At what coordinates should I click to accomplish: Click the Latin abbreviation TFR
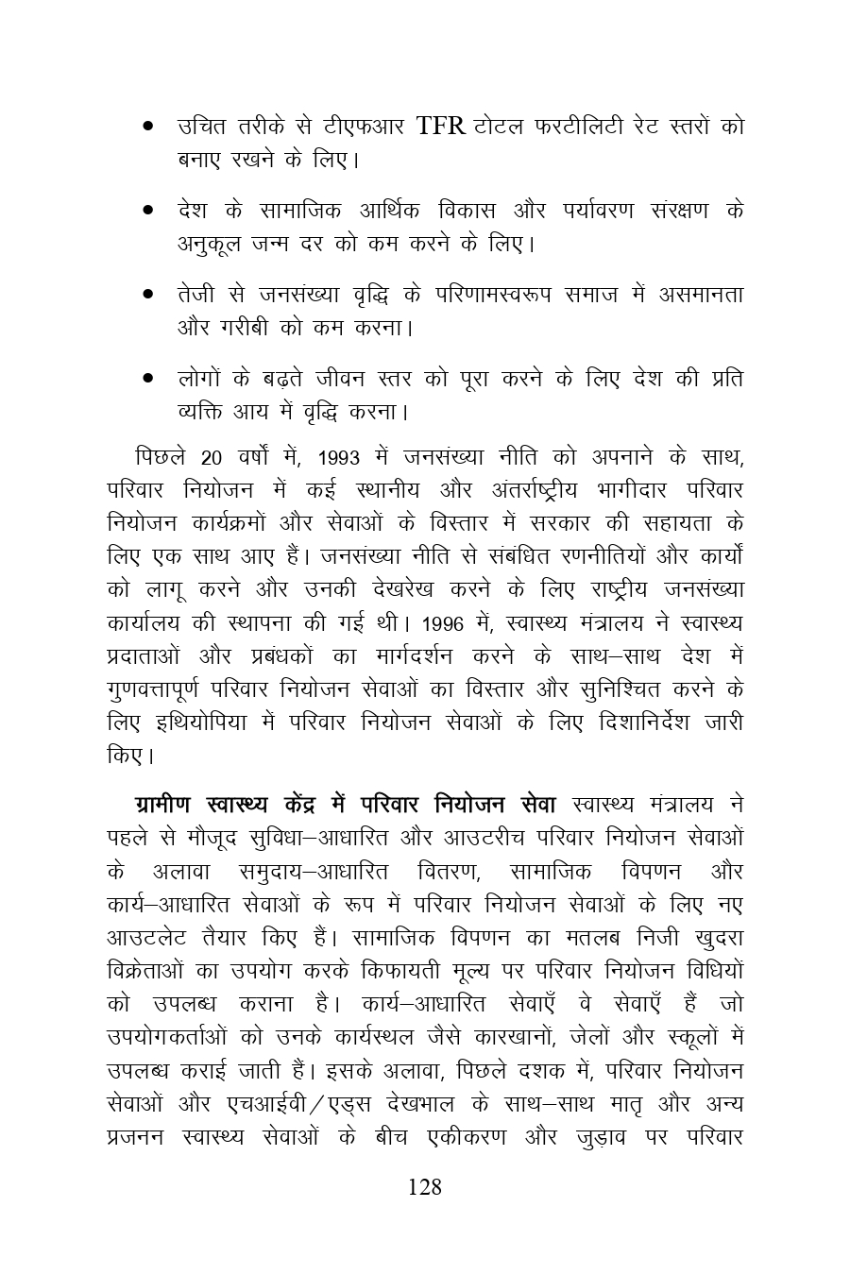[x=440, y=127]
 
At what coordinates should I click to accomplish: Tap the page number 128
[x=425, y=1187]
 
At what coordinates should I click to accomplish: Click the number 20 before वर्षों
[x=212, y=458]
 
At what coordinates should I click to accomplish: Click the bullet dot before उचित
[x=148, y=127]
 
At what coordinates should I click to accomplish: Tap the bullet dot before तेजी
[x=148, y=295]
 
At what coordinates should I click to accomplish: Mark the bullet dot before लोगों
[x=148, y=379]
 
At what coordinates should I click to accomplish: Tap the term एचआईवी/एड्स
[x=282, y=1104]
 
